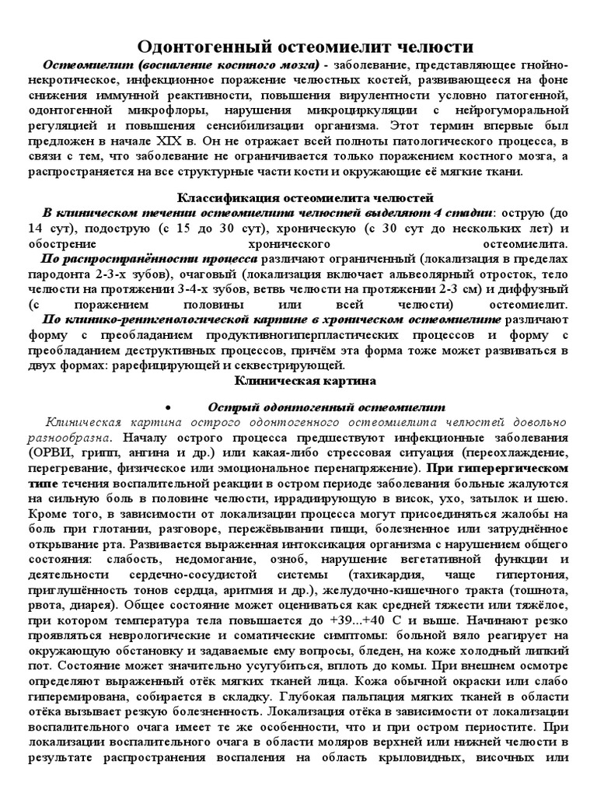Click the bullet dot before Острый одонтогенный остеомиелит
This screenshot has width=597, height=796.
click(169, 407)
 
